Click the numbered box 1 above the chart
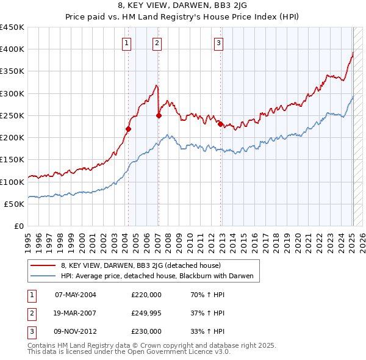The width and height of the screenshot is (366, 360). (x=126, y=43)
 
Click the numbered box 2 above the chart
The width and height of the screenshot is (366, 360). (x=157, y=43)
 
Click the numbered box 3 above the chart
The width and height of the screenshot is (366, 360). (x=218, y=43)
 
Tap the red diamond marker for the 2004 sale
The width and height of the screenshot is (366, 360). (x=128, y=129)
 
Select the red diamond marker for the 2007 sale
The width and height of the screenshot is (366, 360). (x=159, y=115)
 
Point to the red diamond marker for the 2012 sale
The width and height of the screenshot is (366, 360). (x=220, y=124)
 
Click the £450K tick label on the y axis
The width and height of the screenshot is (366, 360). (x=12, y=27)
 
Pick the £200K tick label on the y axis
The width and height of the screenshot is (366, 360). (x=12, y=138)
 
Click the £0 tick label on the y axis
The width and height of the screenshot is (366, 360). (x=18, y=226)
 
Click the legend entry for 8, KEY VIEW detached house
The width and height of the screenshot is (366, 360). (x=144, y=265)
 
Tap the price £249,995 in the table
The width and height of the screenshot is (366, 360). (x=146, y=313)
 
